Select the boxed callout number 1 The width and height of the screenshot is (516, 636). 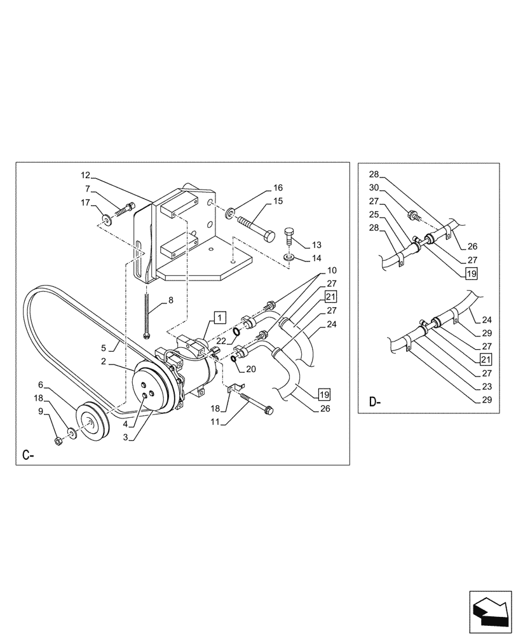point(219,316)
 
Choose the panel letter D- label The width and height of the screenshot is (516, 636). point(374,402)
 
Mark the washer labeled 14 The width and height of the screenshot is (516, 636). point(289,258)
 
